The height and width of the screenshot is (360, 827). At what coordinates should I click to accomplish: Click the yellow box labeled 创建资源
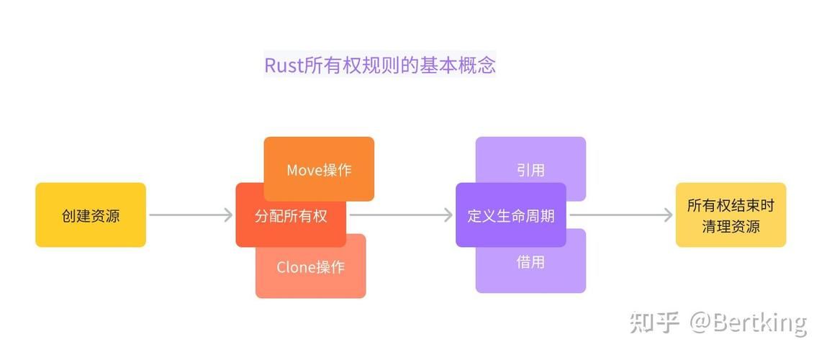[x=91, y=215]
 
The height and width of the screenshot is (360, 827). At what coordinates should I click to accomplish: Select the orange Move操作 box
[x=319, y=170]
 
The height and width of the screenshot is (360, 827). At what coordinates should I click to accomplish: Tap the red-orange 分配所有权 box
[x=290, y=215]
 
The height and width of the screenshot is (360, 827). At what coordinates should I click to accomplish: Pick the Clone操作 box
[x=310, y=268]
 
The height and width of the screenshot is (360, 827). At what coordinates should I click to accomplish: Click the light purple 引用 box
[x=530, y=170]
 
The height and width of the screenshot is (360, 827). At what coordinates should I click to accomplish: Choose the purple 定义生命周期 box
[x=510, y=215]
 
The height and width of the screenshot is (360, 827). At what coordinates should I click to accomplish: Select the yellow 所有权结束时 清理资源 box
[x=731, y=215]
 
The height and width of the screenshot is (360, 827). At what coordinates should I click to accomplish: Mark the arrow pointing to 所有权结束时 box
[x=620, y=215]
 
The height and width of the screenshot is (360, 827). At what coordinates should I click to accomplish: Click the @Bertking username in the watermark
[x=749, y=323]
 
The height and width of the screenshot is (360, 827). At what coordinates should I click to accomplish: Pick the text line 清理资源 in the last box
[x=731, y=226]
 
